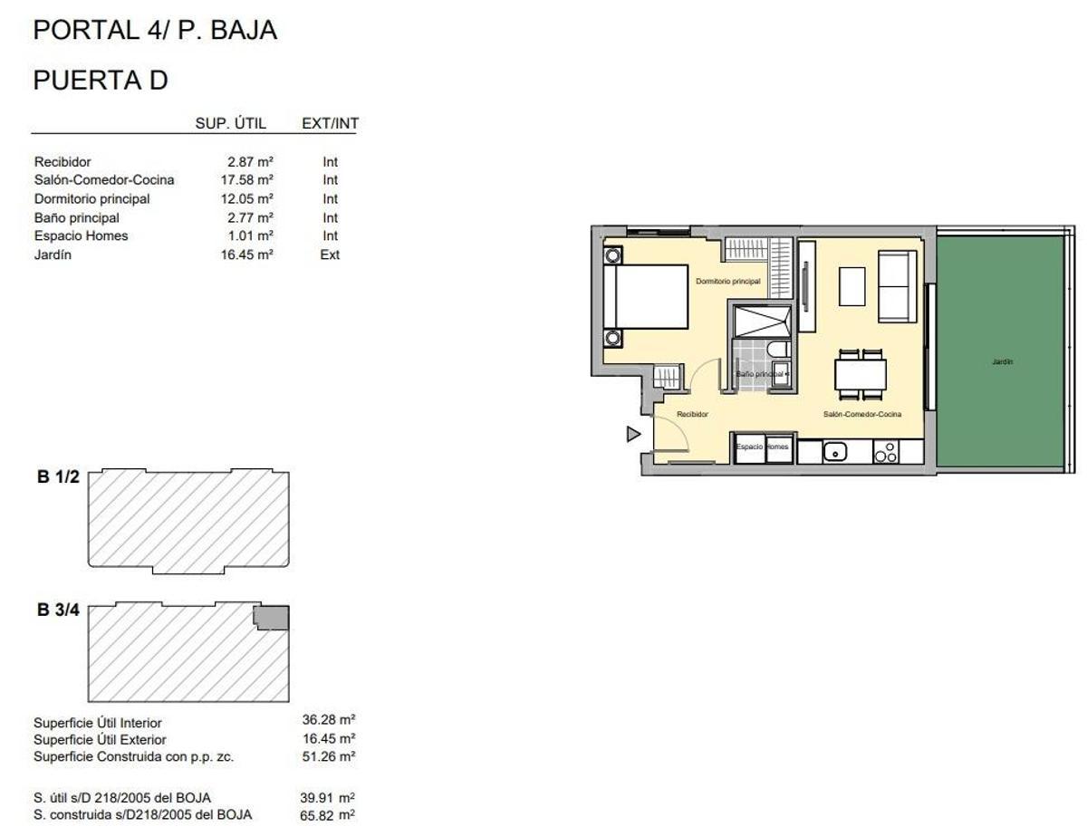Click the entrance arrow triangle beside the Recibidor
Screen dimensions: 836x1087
click(x=633, y=435)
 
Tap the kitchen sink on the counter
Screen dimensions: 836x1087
click(x=835, y=450)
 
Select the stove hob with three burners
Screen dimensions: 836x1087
click(x=885, y=451)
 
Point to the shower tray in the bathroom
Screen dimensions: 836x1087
click(x=761, y=321)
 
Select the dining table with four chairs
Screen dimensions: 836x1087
click(x=860, y=374)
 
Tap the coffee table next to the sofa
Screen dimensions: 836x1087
click(x=852, y=286)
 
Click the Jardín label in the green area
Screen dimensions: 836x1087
click(x=1002, y=361)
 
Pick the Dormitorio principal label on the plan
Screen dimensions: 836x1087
click(x=727, y=282)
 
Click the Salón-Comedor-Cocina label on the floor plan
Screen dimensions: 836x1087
click(x=861, y=414)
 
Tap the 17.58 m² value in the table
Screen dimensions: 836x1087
click(x=250, y=180)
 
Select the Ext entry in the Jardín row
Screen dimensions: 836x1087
click(x=330, y=255)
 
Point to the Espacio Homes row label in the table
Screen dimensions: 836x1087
click(x=81, y=236)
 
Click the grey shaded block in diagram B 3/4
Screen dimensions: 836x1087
click(x=271, y=617)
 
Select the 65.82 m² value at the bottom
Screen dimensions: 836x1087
click(x=328, y=815)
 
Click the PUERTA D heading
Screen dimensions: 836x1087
click(x=101, y=80)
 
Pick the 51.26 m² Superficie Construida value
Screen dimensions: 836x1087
click(x=328, y=756)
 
